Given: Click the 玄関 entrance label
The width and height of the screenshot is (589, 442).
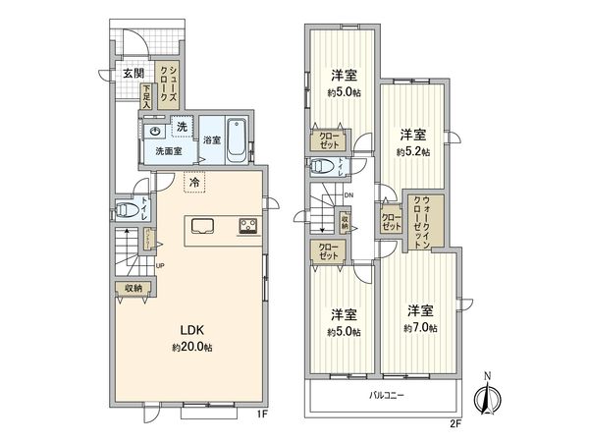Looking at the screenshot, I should click(133, 73).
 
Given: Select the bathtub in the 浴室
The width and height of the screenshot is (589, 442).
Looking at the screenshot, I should click(237, 140).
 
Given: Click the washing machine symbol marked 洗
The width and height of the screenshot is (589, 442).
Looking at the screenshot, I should click(182, 127).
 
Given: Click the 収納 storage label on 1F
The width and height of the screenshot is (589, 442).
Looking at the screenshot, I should click(134, 289).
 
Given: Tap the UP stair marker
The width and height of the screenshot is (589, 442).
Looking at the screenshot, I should click(159, 264).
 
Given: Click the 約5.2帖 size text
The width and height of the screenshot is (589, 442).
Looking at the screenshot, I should click(412, 152).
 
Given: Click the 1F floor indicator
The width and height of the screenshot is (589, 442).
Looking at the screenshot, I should click(260, 415).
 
